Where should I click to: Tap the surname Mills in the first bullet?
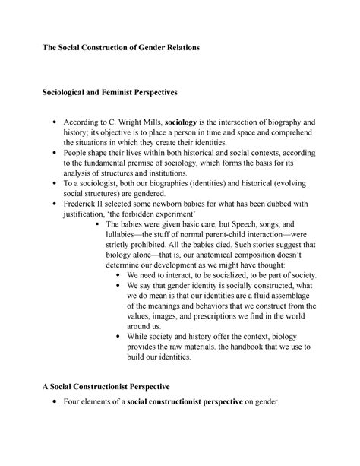pyautogui.click(x=148, y=122)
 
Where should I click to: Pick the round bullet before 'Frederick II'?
pyautogui.click(x=50, y=204)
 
